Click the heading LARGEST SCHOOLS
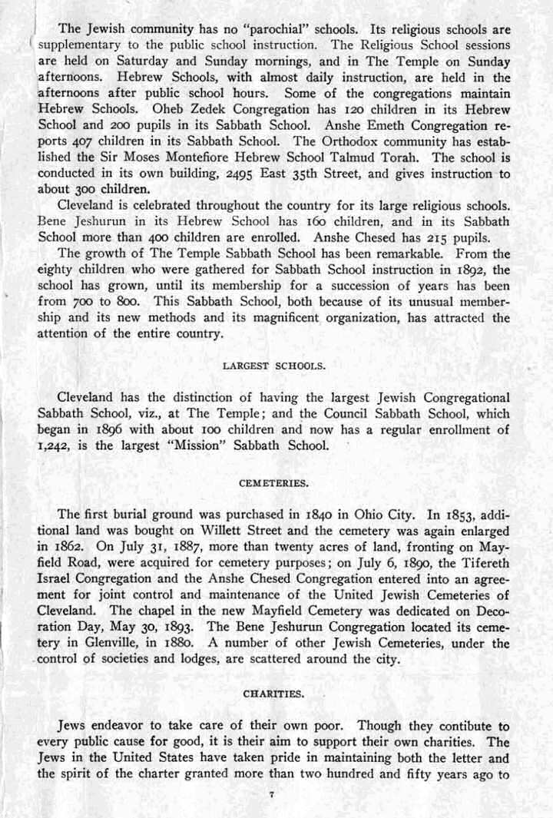(x=274, y=366)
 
